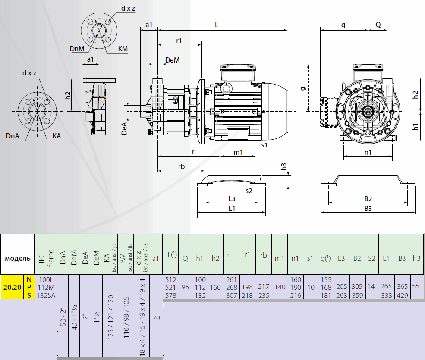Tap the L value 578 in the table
171,295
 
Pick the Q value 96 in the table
185,287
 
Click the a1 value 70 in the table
156,318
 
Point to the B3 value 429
402,295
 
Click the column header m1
280,258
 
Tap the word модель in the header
18,258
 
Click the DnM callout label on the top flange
77,49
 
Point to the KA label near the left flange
57,136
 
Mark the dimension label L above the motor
217,25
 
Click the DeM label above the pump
172,60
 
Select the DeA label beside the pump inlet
124,128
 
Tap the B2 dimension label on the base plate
368,199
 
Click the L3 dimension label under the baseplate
232,199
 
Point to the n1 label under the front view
368,152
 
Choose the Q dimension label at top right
378,25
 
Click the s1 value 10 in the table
310,287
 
